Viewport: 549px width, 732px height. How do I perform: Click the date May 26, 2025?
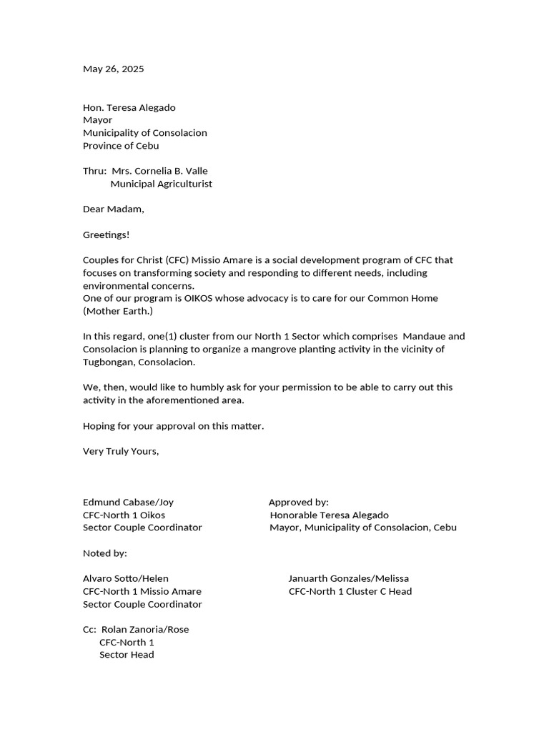(113, 69)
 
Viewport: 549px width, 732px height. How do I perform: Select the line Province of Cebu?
(121, 146)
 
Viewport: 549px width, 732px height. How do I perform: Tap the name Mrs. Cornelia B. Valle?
(159, 171)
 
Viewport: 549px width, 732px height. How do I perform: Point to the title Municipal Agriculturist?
(161, 184)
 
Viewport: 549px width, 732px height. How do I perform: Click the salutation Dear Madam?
(113, 209)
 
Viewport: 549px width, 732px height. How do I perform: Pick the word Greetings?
(107, 234)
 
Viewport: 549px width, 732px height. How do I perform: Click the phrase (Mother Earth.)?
(118, 311)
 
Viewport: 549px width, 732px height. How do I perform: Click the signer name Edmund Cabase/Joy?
(128, 503)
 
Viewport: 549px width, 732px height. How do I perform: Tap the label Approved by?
(298, 503)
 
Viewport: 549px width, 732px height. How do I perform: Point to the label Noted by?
(104, 553)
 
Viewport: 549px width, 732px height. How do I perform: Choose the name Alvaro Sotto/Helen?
(126, 578)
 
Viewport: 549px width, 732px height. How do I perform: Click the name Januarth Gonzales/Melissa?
(348, 578)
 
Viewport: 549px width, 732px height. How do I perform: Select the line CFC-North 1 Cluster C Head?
(350, 591)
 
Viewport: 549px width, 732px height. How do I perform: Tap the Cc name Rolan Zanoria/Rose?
(145, 630)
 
